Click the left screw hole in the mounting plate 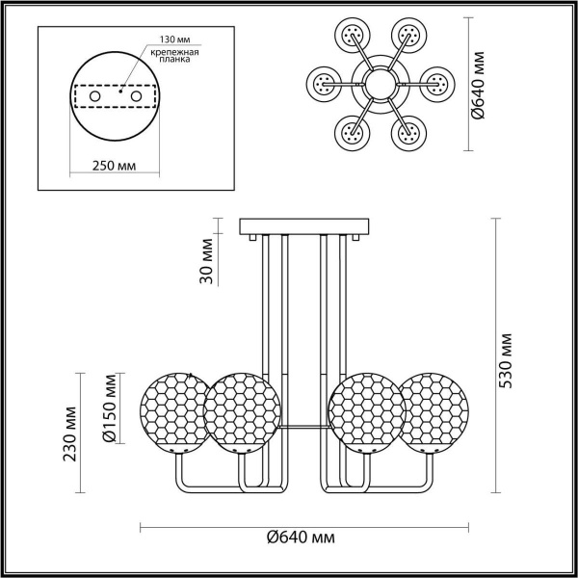click(x=95, y=97)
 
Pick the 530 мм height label click(x=508, y=358)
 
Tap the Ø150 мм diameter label click(x=110, y=410)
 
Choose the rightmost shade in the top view click(x=436, y=84)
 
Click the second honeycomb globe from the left click(x=241, y=414)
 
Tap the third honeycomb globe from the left click(x=368, y=414)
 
